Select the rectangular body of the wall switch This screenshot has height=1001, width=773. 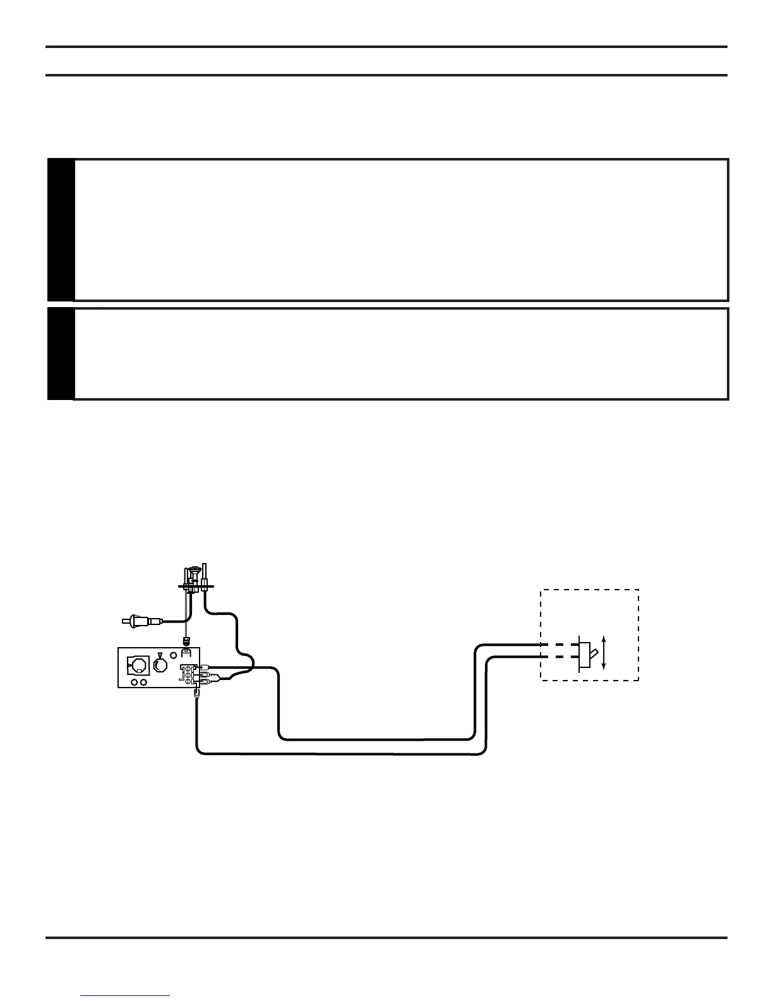click(584, 652)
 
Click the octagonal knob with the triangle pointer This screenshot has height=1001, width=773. click(160, 665)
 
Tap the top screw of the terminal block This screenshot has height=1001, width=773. click(188, 668)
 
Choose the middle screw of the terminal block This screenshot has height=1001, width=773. click(188, 675)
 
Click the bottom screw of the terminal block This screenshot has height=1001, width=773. click(188, 682)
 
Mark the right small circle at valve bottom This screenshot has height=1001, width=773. click(144, 682)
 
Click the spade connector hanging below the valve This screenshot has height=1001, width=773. click(198, 694)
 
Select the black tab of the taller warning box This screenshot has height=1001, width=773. click(61, 230)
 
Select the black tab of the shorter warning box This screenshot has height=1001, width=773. click(61, 354)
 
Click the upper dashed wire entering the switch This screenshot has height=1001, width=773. click(549, 645)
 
